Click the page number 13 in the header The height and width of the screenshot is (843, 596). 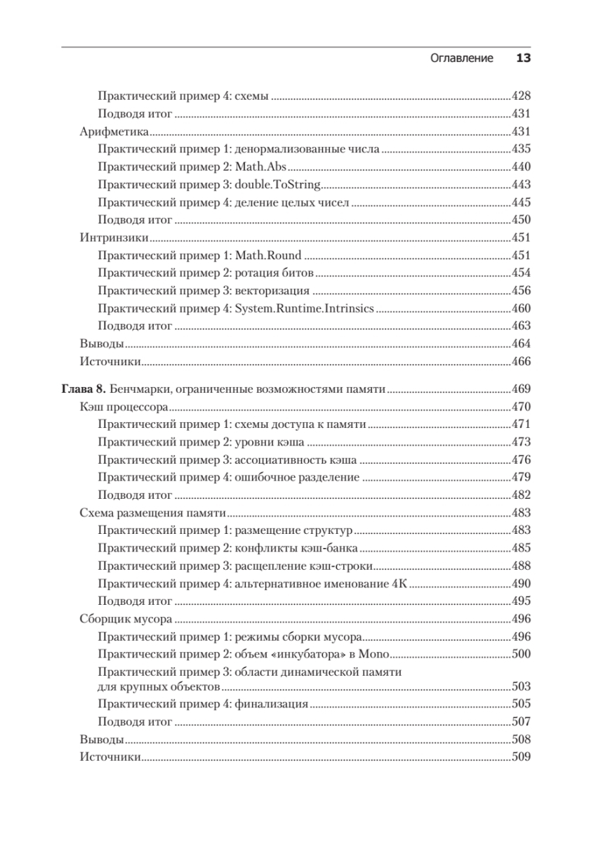(x=523, y=58)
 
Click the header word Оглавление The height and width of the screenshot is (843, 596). (x=461, y=58)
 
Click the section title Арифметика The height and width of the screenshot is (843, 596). (x=112, y=131)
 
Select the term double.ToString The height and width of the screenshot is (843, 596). (x=278, y=185)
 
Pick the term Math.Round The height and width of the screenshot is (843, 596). (x=267, y=256)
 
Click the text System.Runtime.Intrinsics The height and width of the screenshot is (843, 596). (x=304, y=308)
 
